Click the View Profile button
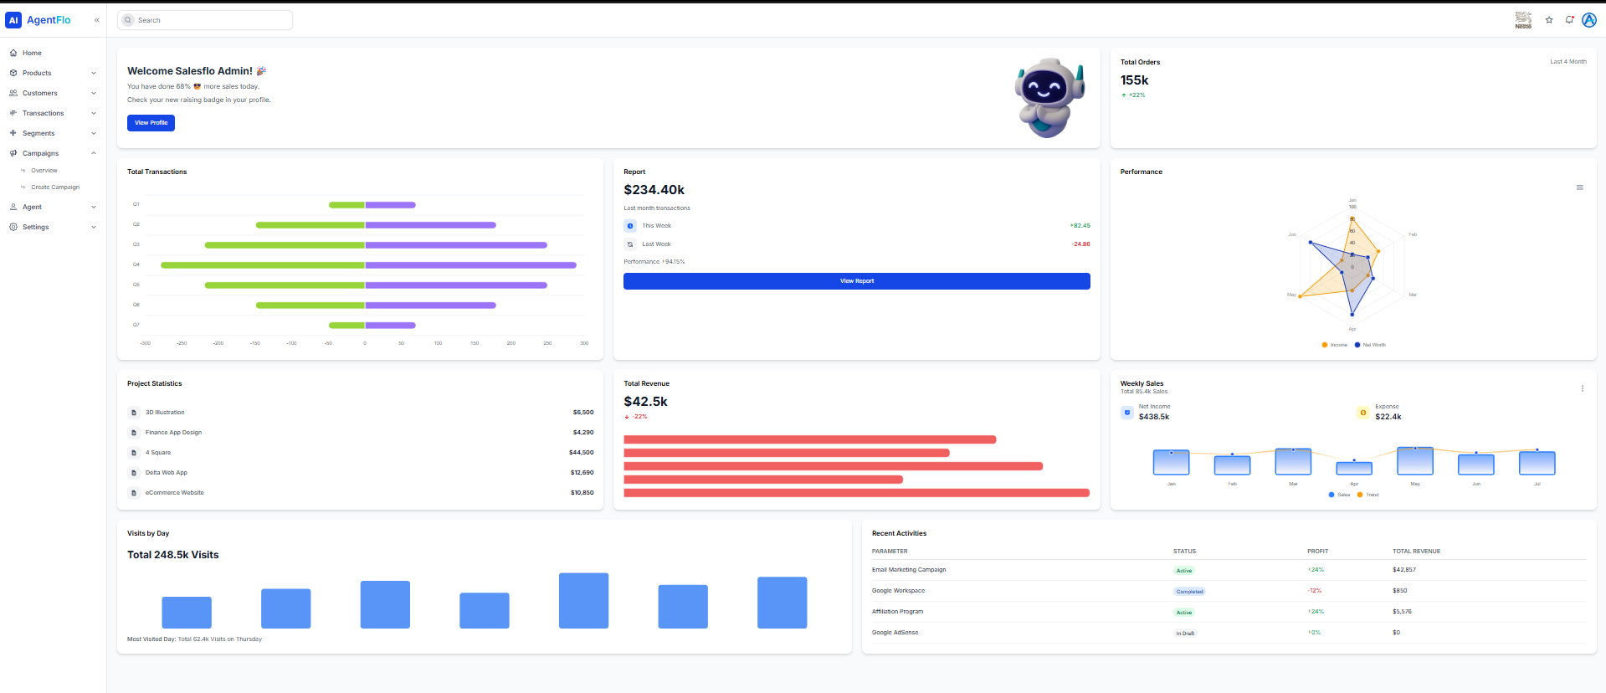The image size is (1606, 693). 151,123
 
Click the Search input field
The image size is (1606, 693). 209,20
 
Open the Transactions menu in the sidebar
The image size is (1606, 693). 44,113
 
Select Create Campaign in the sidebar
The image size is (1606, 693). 55,187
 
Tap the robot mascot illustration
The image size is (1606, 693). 1049,97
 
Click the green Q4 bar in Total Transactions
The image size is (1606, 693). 263,265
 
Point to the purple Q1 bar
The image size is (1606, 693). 390,205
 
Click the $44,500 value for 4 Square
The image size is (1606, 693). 581,453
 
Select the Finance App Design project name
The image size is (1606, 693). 173,433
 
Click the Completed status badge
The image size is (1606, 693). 1189,592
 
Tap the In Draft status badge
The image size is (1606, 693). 1185,634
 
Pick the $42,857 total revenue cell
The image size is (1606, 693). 1404,570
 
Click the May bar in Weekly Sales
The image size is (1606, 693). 1415,461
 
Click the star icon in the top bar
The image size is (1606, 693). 1549,20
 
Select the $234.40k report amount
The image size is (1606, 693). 654,190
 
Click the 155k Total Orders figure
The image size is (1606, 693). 1134,80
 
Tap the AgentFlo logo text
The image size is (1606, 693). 49,20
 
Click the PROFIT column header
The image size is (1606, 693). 1317,552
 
